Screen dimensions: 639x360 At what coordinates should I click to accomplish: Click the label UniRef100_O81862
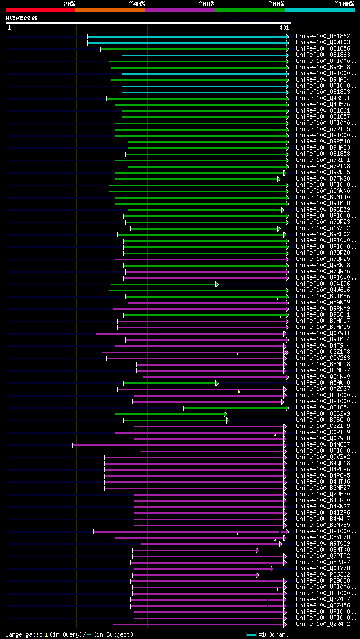tap(323, 37)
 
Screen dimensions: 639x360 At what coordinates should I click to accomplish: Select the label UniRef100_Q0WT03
tap(323, 43)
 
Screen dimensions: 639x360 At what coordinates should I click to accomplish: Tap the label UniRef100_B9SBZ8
tap(323, 67)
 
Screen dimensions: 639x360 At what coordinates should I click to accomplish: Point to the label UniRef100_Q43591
tap(323, 98)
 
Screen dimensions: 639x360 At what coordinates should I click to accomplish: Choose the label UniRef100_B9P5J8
tap(323, 142)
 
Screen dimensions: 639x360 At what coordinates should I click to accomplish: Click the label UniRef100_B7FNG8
tap(323, 179)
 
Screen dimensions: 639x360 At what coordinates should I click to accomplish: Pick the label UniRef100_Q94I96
tap(323, 284)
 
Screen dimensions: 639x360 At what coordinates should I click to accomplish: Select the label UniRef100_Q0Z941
tap(323, 334)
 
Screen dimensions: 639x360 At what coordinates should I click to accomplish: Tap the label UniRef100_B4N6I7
tap(323, 445)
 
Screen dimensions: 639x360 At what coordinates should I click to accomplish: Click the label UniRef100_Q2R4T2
tap(323, 624)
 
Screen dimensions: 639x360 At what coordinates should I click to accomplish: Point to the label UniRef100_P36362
tap(323, 575)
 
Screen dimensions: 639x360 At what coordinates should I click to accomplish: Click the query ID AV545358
tap(21, 18)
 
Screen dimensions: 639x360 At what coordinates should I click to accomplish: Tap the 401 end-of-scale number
tap(283, 28)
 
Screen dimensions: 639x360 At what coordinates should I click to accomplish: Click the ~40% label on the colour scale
tap(137, 4)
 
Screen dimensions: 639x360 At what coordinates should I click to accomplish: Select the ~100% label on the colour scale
tap(344, 4)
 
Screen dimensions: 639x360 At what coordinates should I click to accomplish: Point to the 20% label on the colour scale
tap(69, 4)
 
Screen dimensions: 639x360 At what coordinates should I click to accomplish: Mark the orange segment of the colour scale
tap(110, 10)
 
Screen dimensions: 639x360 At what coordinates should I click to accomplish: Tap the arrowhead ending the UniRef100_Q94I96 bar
tap(217, 284)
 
